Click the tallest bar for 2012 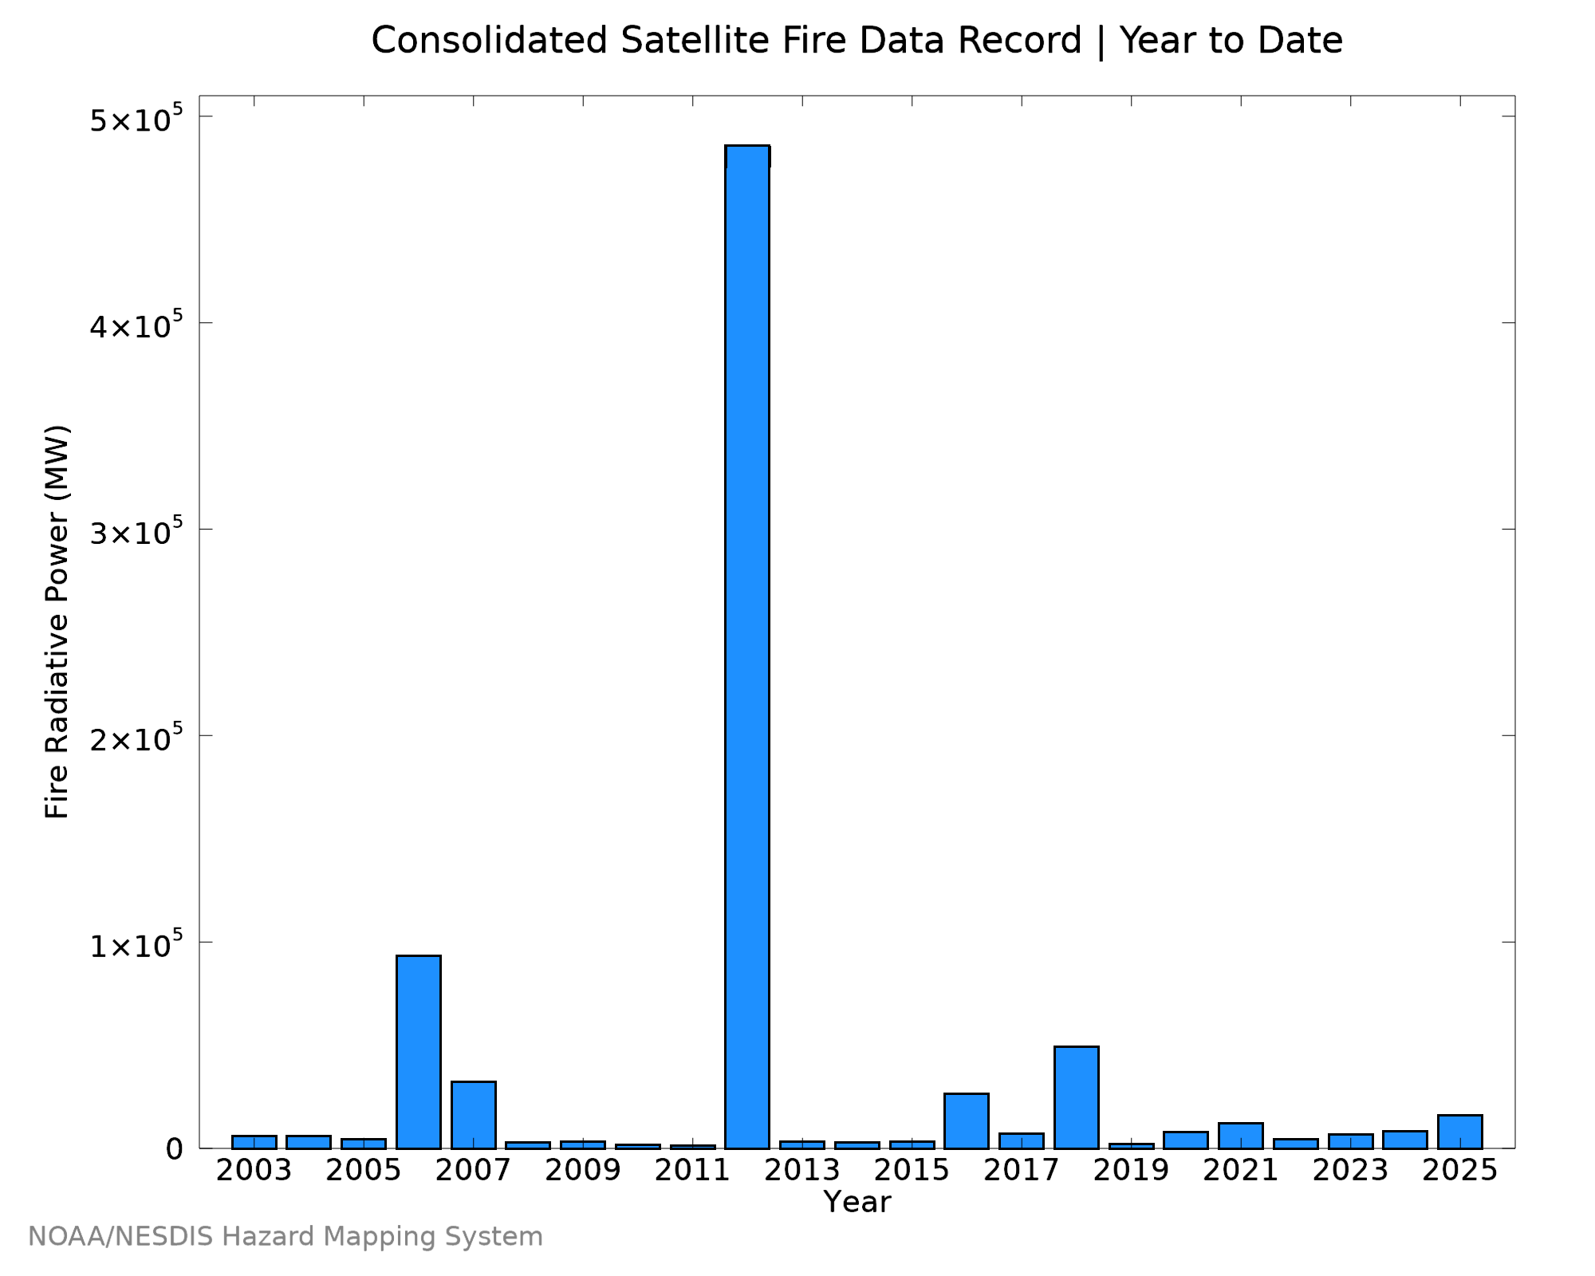pos(747,647)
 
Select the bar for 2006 pos(419,1052)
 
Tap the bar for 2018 pos(1077,1097)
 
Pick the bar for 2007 pos(474,1115)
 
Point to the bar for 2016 pos(967,1120)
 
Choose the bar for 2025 pos(1460,1132)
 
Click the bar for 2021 pos(1241,1136)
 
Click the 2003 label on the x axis pos(254,1171)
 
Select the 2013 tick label pos(802,1171)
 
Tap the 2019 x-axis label pos(1132,1171)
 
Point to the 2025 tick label pos(1460,1171)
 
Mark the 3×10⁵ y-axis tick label pos(136,531)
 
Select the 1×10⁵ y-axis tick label pos(136,944)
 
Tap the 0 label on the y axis pos(175,1149)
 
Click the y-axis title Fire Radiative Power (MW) pos(57,622)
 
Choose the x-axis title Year pos(857,1202)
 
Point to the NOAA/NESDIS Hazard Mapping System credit pos(286,1237)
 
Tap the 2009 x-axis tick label pos(583,1171)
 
